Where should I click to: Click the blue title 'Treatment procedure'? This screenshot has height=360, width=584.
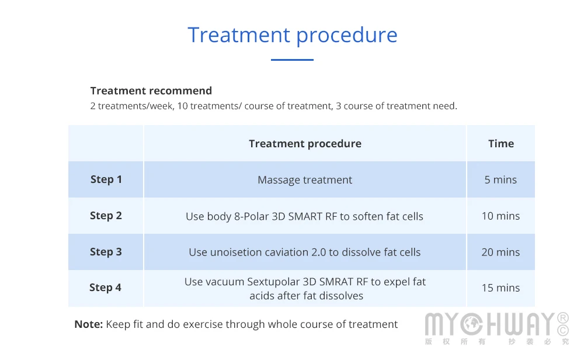[293, 36]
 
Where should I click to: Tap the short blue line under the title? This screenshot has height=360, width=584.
[292, 60]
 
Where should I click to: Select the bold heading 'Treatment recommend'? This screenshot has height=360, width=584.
[151, 91]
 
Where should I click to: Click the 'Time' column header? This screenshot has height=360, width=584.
[501, 144]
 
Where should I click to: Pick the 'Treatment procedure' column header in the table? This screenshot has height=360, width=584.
[305, 144]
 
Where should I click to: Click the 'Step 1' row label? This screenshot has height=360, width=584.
[106, 179]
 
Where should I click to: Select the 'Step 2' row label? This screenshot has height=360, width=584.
[106, 216]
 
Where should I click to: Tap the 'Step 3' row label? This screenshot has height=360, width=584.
[106, 252]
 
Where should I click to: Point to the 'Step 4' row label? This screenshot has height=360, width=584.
[105, 288]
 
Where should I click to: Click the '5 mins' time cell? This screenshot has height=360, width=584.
[500, 179]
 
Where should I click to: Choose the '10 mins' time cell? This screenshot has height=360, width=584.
[500, 216]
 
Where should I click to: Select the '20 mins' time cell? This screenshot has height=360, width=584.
[500, 252]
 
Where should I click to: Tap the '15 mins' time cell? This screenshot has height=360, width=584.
[500, 288]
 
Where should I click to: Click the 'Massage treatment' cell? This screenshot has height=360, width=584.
[305, 180]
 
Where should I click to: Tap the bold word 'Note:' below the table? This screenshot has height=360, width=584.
[89, 324]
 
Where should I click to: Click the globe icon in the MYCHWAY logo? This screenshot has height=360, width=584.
[471, 324]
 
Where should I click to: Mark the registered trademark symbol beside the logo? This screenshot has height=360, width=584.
[563, 318]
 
